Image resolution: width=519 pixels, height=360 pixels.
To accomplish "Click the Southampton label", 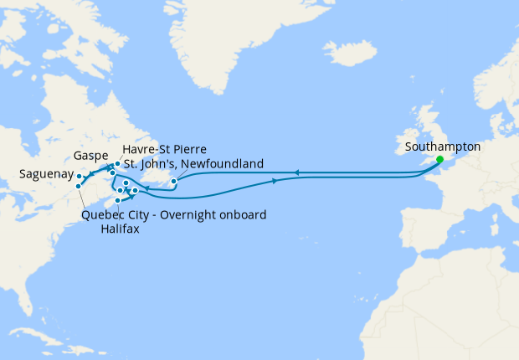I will point(442,147).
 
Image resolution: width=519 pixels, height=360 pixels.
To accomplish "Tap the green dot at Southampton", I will point(439,158).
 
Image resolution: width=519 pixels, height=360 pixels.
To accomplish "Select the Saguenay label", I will point(44,175).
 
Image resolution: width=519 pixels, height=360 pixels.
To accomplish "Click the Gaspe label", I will point(90,156).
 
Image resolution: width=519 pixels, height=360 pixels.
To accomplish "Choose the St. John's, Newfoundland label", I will point(193,162).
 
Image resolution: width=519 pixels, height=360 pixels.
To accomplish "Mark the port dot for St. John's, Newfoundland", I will point(173,181).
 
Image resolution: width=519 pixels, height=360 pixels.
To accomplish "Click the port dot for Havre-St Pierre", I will point(118,165).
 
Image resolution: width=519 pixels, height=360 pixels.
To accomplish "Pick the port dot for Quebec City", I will point(78,186).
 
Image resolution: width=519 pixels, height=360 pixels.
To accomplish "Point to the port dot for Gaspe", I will point(109,169).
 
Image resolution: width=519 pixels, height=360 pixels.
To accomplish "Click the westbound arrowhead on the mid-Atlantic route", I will point(294,174).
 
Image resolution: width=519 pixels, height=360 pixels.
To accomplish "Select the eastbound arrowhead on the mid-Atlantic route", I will point(275,181).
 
